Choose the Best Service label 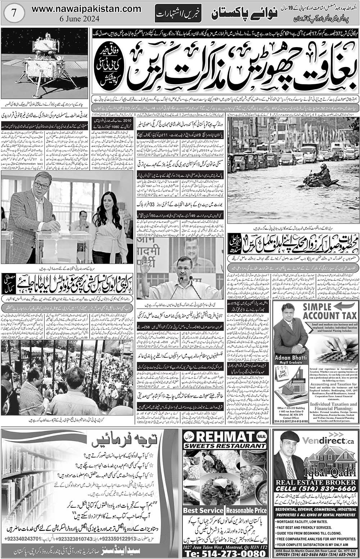(203, 510)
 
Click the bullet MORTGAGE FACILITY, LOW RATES (306, 519)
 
